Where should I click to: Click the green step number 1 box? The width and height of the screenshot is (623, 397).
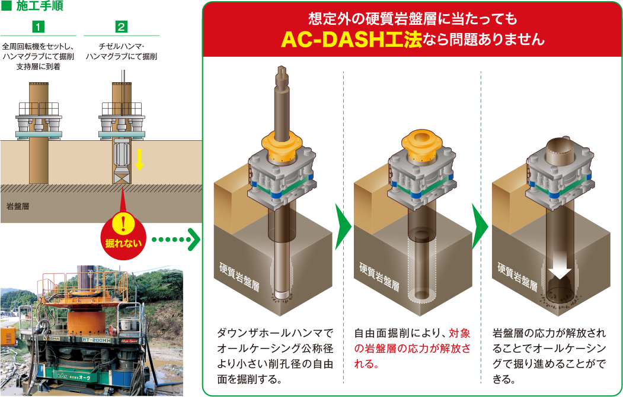click(38, 27)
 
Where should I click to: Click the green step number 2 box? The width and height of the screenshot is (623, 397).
click(121, 27)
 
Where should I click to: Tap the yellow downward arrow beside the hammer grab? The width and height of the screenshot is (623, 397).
click(139, 159)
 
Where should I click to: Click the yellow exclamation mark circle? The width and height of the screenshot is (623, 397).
click(123, 224)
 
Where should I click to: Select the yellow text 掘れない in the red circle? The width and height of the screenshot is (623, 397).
click(123, 243)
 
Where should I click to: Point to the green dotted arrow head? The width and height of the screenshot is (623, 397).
click(194, 240)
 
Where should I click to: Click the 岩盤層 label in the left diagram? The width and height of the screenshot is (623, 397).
click(18, 206)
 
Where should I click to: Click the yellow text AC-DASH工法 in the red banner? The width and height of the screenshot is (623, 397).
click(352, 40)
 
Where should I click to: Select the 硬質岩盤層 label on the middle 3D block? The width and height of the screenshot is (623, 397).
click(379, 276)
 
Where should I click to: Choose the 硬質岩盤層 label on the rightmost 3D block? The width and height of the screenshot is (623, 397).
click(517, 276)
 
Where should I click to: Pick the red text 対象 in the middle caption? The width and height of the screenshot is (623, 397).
click(460, 333)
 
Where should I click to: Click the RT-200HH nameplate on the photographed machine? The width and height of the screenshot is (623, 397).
click(97, 340)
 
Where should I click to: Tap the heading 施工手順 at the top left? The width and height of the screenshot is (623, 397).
click(40, 7)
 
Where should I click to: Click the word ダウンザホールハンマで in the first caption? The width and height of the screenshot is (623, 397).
click(275, 333)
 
